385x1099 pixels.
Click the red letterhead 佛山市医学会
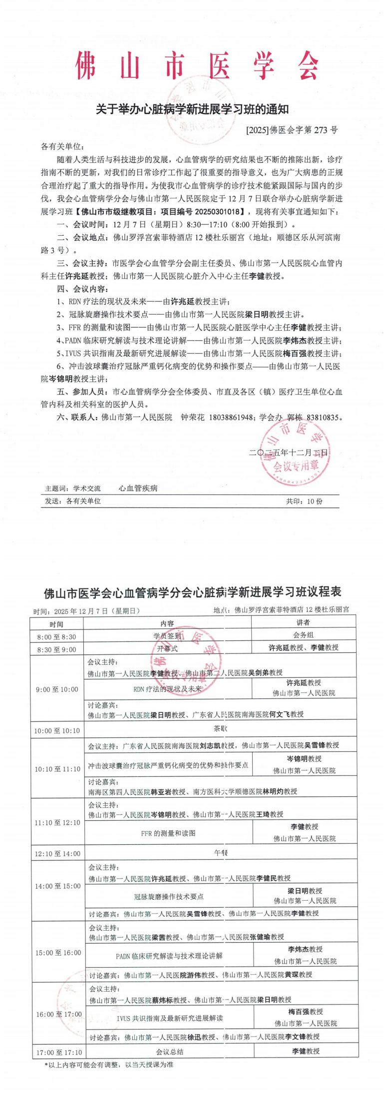point(197,66)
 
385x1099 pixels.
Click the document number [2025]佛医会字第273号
point(292,130)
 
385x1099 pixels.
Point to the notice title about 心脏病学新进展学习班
point(192,109)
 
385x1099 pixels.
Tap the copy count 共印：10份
point(304,501)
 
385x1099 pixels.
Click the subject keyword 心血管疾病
point(138,488)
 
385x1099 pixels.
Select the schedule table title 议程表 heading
point(192,592)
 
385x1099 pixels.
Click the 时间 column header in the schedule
point(56,624)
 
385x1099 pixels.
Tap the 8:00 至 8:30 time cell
point(56,637)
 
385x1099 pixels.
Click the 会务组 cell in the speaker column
point(303,635)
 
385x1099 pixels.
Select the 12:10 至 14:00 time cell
point(57,854)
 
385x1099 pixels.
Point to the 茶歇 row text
point(220,729)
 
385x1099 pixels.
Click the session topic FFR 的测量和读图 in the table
point(168,833)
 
